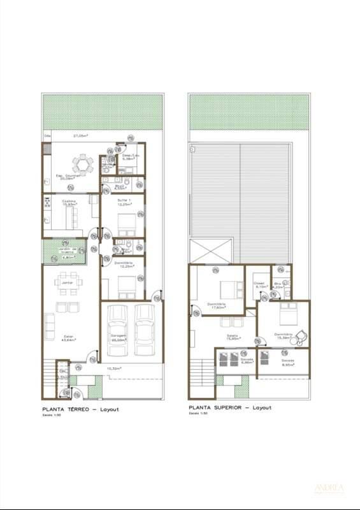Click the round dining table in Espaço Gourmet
point(82,164)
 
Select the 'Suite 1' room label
point(124,201)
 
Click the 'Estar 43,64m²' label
point(69,338)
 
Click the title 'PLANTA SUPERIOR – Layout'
point(229,407)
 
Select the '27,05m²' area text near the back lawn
point(80,136)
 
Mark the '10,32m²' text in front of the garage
point(115,368)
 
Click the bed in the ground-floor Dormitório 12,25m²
point(126,282)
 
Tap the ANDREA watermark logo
point(329,490)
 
